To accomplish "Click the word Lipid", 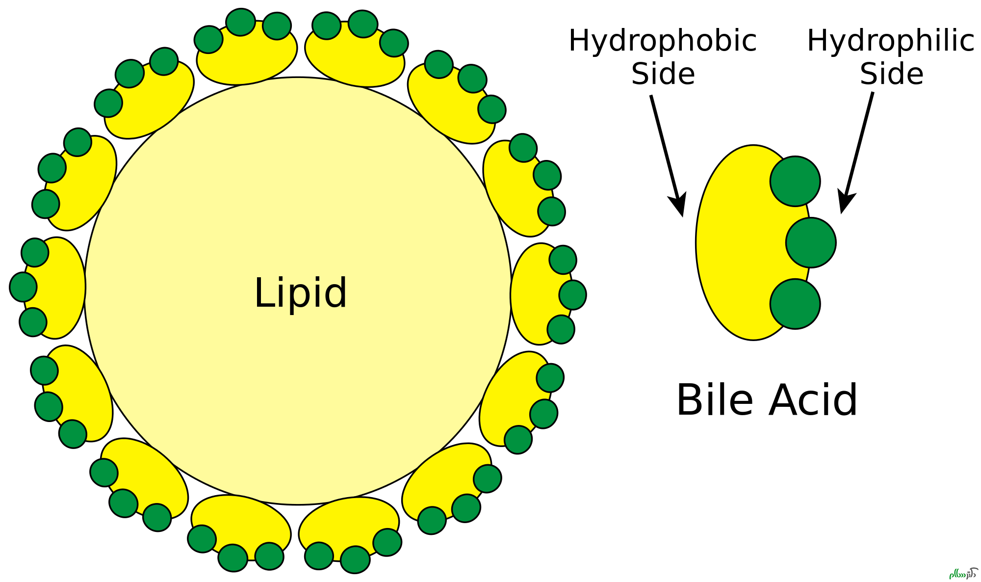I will (x=301, y=293).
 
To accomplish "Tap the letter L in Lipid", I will (x=262, y=293).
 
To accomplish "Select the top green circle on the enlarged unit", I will (x=795, y=182).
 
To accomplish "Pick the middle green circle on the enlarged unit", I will (x=810, y=242).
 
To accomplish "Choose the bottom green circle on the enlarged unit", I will (x=795, y=303).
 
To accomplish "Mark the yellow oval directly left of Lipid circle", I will (x=59, y=288).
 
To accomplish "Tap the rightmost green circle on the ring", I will (x=572, y=295).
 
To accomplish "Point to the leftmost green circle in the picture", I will (x=24, y=287).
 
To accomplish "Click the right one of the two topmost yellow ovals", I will (x=356, y=59).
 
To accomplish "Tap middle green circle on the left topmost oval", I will (x=241, y=23).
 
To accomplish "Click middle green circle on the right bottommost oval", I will (x=355, y=559).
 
